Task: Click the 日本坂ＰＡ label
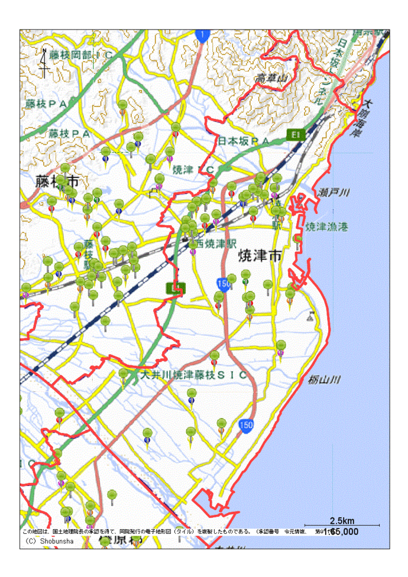tap(244, 141)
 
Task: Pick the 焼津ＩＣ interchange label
tap(193, 170)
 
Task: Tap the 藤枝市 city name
tap(57, 181)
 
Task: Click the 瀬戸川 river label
tap(334, 193)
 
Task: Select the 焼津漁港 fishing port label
tap(327, 226)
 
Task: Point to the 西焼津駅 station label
tap(216, 243)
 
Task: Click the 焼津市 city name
tap(258, 256)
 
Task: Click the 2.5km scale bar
tap(342, 524)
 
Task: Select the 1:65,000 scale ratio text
tap(341, 532)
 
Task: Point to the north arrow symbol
tap(44, 61)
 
